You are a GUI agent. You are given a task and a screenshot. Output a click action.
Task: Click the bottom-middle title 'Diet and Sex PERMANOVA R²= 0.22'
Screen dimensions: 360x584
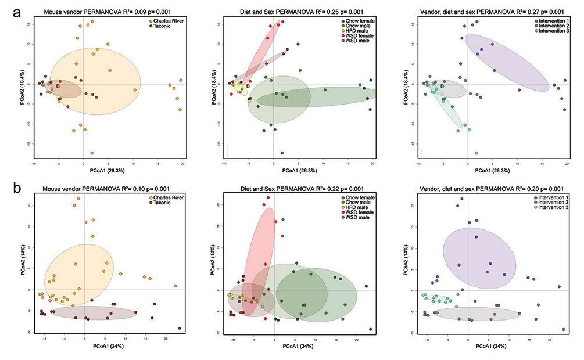point(291,189)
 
